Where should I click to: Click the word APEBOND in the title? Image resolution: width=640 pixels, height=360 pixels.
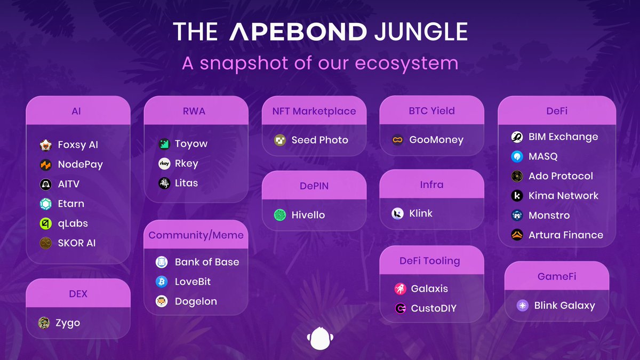coord(298,32)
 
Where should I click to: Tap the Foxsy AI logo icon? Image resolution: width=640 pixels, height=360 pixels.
coord(46,145)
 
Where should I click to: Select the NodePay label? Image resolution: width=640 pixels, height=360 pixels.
coord(80,164)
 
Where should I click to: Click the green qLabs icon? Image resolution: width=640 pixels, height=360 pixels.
coord(46,223)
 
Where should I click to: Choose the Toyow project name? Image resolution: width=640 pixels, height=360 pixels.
coord(191,144)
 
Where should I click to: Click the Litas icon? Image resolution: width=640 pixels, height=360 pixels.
coord(164,183)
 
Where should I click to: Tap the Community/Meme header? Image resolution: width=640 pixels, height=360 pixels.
coord(196,235)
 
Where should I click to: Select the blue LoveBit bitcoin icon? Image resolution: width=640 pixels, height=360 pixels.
coord(162,282)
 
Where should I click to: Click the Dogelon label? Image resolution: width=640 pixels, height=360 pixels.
coord(196,301)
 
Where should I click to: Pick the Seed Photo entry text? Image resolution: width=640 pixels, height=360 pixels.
coord(319,140)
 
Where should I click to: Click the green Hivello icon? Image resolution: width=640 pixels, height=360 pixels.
coord(280,215)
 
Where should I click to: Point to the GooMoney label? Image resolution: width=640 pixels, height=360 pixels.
coord(436,140)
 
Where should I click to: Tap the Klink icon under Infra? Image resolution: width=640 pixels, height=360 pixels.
coord(397,214)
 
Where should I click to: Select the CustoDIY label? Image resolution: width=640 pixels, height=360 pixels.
coord(434,308)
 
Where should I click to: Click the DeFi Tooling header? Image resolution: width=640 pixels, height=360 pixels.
coord(429,261)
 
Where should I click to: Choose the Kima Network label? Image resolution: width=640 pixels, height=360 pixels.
coord(563,196)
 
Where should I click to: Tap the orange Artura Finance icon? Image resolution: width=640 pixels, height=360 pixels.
coord(517,235)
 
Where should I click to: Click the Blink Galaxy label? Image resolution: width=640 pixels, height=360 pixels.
coord(564,306)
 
